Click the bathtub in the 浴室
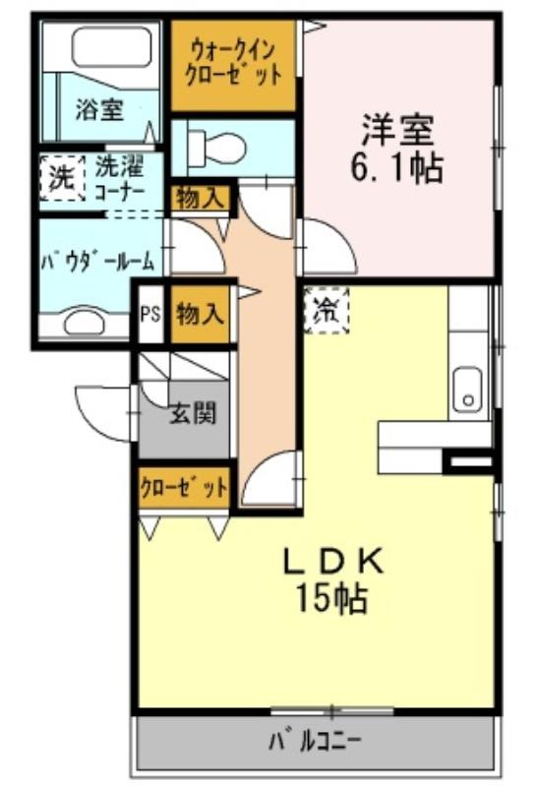(111, 47)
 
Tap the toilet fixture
(216, 147)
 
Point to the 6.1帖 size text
(396, 168)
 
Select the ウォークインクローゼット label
(233, 64)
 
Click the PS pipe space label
(149, 314)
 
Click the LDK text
(333, 561)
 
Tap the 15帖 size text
(332, 598)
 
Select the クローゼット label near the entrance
(184, 488)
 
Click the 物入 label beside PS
(200, 314)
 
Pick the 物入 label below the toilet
(200, 199)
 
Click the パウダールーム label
(98, 261)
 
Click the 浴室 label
(100, 110)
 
